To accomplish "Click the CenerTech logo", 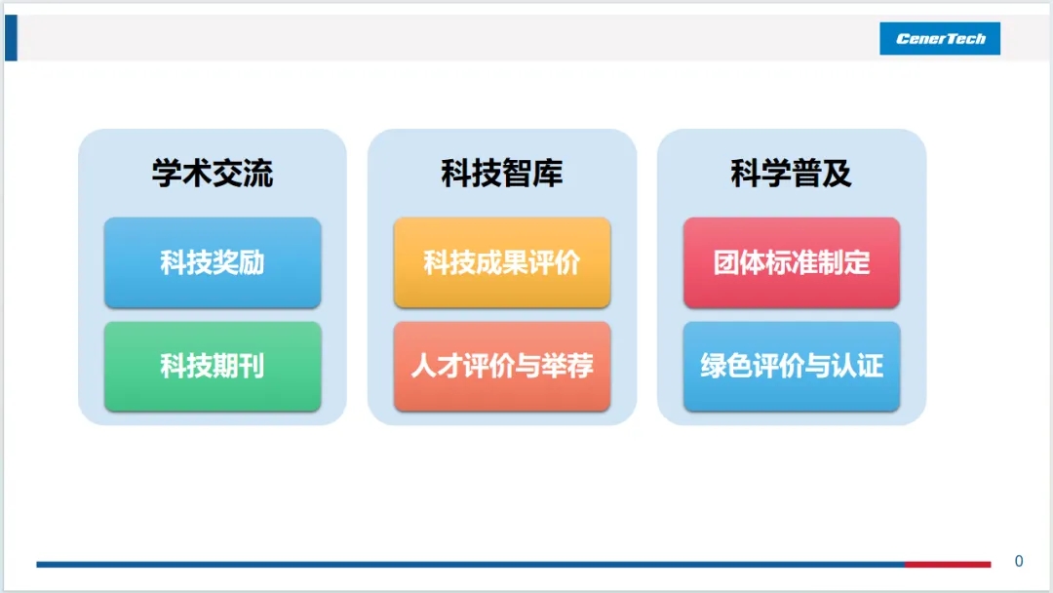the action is pos(940,38).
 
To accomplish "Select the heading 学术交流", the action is pos(213,174).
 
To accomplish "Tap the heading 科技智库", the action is pos(502,174).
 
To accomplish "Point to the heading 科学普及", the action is pos(791,174).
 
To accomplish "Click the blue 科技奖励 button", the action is pos(213,262).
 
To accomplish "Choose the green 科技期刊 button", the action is pos(213,366).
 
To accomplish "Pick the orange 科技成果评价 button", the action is pos(502,262).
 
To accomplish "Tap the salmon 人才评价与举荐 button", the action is pos(502,366).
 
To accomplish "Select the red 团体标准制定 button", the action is pos(792,262).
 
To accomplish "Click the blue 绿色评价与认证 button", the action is pos(792,366).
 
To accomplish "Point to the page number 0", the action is pos(1019,561).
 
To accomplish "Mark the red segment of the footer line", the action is pos(948,564).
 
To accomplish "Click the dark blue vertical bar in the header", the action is pos(11,38).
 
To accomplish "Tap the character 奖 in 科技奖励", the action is pos(225,262).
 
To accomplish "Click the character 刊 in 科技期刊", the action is pos(252,366).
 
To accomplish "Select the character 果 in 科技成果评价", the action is pos(515,262).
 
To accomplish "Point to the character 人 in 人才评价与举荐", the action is pos(424,366).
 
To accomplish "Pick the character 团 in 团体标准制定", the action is pos(726,262).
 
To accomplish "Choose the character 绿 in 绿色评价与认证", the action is pos(714,366).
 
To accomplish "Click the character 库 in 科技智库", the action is pos(548,174).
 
